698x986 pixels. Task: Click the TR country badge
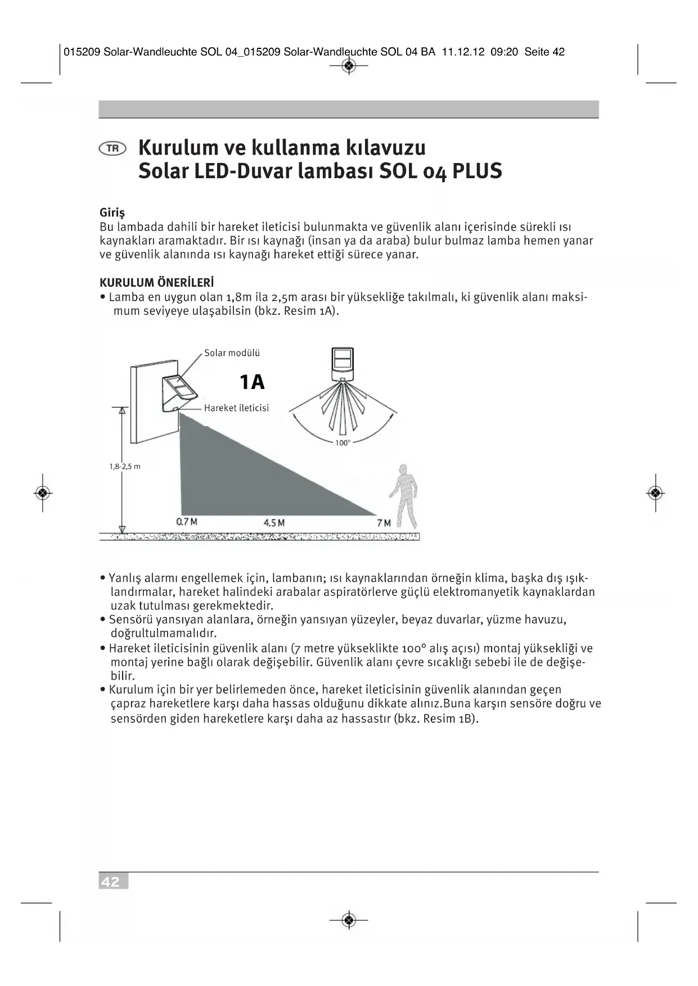pyautogui.click(x=112, y=148)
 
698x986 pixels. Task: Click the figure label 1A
pyautogui.click(x=252, y=382)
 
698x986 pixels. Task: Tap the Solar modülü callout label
pyautogui.click(x=232, y=353)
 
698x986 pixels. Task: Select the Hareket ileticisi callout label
pyautogui.click(x=236, y=408)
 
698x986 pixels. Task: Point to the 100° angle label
pyautogui.click(x=343, y=443)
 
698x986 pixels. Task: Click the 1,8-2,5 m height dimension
pyautogui.click(x=125, y=467)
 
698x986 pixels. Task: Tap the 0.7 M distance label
pyautogui.click(x=187, y=522)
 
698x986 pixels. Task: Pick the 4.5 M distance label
pyautogui.click(x=274, y=523)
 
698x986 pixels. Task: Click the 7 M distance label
pyautogui.click(x=384, y=523)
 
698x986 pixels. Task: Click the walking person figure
pyautogui.click(x=404, y=495)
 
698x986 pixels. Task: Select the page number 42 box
pyautogui.click(x=113, y=881)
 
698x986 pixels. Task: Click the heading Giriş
pyautogui.click(x=112, y=212)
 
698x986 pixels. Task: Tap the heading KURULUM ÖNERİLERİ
pyautogui.click(x=156, y=282)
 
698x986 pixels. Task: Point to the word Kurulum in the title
pyautogui.click(x=177, y=147)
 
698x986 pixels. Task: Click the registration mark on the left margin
pyautogui.click(x=43, y=493)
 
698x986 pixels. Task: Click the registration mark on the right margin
pyautogui.click(x=655, y=493)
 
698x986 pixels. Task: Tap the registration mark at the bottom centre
pyautogui.click(x=349, y=920)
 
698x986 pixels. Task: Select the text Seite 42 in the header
pyautogui.click(x=544, y=52)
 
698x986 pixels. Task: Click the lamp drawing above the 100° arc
pyautogui.click(x=342, y=360)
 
